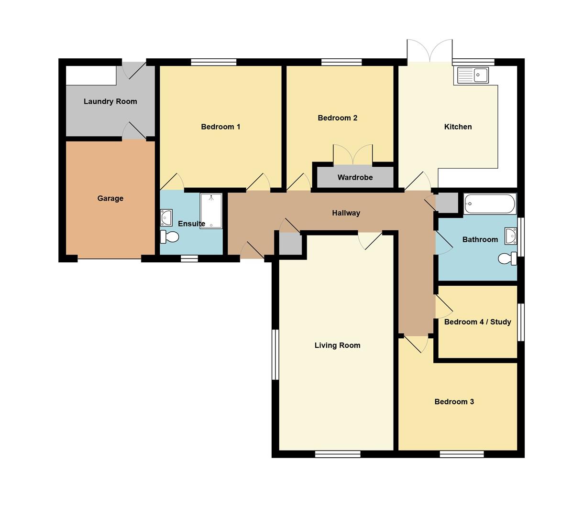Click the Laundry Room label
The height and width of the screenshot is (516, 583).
pyautogui.click(x=110, y=101)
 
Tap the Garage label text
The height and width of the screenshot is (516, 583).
pyautogui.click(x=110, y=198)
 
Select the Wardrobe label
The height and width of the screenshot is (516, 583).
pyautogui.click(x=355, y=177)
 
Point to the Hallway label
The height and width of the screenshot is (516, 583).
pyautogui.click(x=346, y=213)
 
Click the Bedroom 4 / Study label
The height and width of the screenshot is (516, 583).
pyautogui.click(x=477, y=322)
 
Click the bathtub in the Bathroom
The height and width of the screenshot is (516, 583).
pyautogui.click(x=489, y=204)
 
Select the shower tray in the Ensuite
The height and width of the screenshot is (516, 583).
pyautogui.click(x=211, y=211)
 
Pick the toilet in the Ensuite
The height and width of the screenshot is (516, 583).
pyautogui.click(x=169, y=236)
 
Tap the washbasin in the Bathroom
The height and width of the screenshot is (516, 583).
pyautogui.click(x=511, y=236)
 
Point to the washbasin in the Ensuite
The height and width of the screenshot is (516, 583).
pyautogui.click(x=166, y=217)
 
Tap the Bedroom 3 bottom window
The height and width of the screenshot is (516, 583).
pyautogui.click(x=462, y=454)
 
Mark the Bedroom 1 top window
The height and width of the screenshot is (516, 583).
pyautogui.click(x=213, y=62)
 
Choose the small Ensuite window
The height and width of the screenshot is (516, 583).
pyautogui.click(x=189, y=258)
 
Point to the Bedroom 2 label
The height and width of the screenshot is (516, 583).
pyautogui.click(x=337, y=118)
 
